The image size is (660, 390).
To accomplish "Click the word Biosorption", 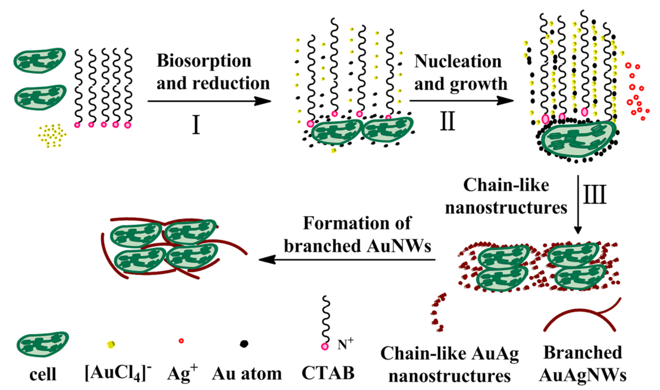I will (204, 61).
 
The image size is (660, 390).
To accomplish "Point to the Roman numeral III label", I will (595, 194).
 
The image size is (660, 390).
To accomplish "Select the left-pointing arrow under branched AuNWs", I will (346, 260).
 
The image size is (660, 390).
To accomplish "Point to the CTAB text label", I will (328, 373).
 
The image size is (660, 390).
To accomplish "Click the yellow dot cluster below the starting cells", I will (52, 135).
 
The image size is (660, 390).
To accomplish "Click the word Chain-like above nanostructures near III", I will (506, 185).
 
